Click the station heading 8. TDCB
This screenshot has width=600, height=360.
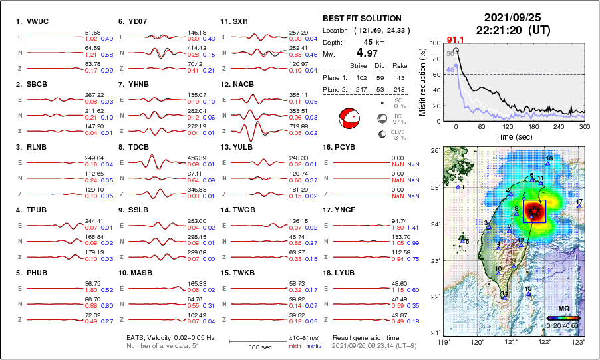point(132,147)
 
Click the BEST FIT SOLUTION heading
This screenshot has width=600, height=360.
point(362,19)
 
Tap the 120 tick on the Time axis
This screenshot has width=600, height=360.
point(508,126)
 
